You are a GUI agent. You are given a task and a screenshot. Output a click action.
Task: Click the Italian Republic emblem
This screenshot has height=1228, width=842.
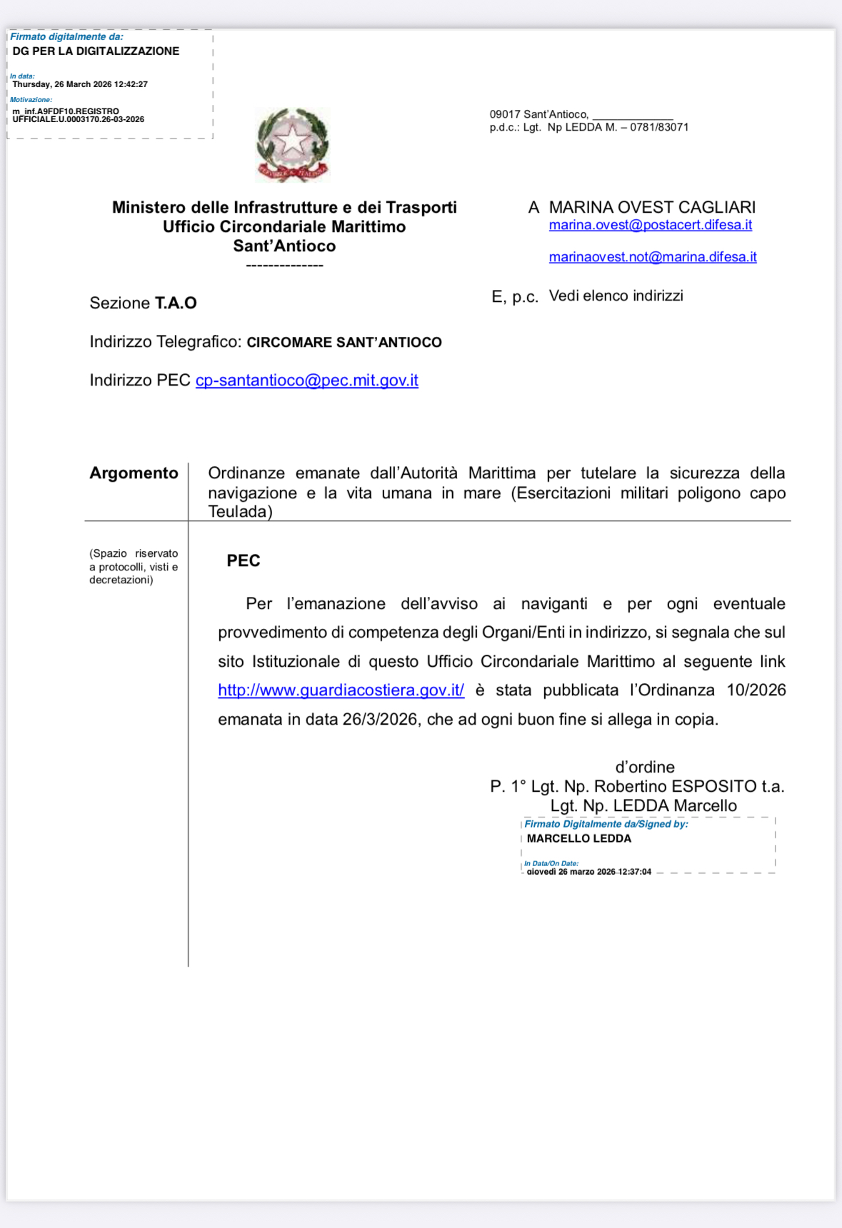coord(293,145)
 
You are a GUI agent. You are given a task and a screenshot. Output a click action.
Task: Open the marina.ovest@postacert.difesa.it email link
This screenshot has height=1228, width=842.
coord(650,225)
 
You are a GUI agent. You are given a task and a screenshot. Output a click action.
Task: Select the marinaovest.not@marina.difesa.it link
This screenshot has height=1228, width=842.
coord(652,257)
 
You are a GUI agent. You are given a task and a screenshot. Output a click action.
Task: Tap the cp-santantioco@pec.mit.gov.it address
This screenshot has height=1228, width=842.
coord(306,381)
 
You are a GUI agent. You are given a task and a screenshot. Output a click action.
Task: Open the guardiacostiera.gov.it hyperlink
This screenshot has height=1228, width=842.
coord(341,690)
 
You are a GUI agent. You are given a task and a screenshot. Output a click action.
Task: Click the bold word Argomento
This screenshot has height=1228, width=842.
coord(134,473)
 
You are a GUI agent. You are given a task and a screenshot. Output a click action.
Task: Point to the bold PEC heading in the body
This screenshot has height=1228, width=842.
coord(243,561)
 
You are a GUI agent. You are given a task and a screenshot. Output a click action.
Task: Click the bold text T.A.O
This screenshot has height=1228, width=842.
coord(176,303)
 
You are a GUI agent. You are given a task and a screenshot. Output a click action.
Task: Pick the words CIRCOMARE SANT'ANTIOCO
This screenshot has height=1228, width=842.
coord(344,343)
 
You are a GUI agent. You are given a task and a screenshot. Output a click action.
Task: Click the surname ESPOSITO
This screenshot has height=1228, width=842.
coord(714,787)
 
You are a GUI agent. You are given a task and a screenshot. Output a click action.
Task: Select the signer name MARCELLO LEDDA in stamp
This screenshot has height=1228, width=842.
coord(578,839)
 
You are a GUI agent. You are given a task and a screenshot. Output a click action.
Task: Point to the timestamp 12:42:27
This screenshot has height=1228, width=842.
coord(131,84)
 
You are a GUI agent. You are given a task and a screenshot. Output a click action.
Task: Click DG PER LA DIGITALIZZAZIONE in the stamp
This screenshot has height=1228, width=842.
coord(96,51)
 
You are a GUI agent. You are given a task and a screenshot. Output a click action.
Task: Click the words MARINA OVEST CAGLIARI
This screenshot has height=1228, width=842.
coord(651,208)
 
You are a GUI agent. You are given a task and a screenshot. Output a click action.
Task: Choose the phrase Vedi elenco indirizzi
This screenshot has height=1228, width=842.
coord(616,296)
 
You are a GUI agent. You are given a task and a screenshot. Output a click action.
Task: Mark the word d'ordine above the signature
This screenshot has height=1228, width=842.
coord(645,767)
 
